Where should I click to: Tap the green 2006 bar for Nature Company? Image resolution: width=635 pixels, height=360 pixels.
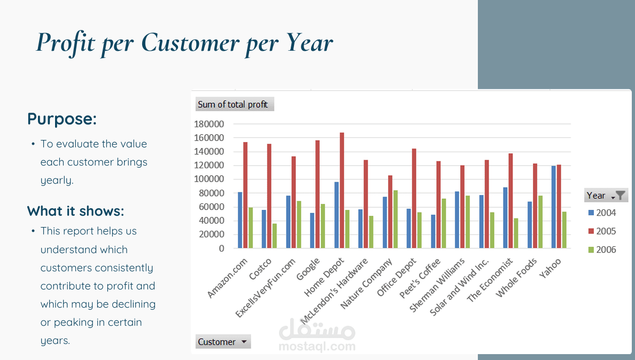click(395, 220)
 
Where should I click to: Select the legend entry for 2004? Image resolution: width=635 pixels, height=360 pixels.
click(602, 213)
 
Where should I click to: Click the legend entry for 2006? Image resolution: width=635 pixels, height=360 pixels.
click(602, 249)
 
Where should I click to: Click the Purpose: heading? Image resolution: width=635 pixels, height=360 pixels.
click(62, 119)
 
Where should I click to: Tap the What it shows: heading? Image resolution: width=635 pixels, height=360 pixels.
click(75, 211)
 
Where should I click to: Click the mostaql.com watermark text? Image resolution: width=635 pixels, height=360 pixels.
click(317, 346)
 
